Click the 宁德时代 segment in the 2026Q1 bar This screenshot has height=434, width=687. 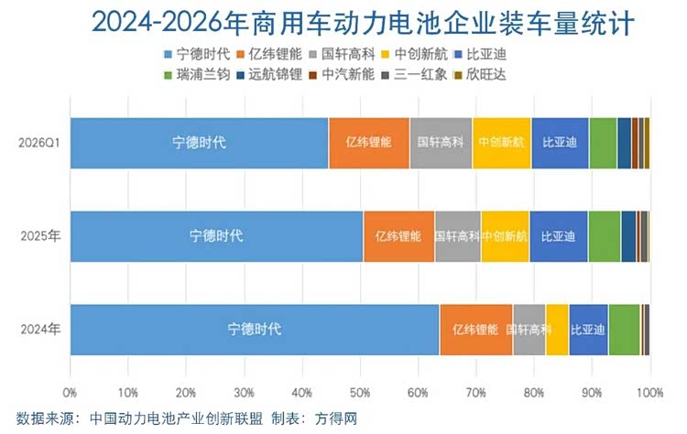pyautogui.click(x=200, y=143)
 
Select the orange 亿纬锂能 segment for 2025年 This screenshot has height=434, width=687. pyautogui.click(x=399, y=236)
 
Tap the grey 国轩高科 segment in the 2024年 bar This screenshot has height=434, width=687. pyautogui.click(x=529, y=330)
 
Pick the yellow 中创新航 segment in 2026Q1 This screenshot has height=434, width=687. pyautogui.click(x=502, y=143)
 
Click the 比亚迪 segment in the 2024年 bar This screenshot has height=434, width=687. pyautogui.click(x=589, y=330)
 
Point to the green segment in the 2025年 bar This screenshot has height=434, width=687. pyautogui.click(x=605, y=236)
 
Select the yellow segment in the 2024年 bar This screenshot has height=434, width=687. pyautogui.click(x=557, y=330)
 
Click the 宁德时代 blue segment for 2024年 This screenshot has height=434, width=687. pyautogui.click(x=255, y=330)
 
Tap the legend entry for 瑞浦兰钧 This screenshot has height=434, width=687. pyautogui.click(x=197, y=74)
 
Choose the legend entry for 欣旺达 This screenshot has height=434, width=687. pyautogui.click(x=480, y=74)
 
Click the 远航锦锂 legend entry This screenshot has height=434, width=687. pyautogui.click(x=269, y=74)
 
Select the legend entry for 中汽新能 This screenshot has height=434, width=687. pyautogui.click(x=342, y=74)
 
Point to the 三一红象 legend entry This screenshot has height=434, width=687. pyautogui.click(x=414, y=74)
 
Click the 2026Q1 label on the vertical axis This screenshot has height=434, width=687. pyautogui.click(x=39, y=143)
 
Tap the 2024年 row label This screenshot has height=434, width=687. pyautogui.click(x=40, y=330)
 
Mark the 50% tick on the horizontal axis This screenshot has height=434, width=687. pyautogui.click(x=360, y=393)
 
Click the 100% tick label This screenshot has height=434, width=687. pyautogui.click(x=650, y=393)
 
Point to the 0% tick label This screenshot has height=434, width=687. pyautogui.click(x=71, y=393)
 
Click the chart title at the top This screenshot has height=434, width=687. pyautogui.click(x=364, y=23)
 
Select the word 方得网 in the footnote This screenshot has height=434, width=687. pyautogui.click(x=336, y=418)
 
